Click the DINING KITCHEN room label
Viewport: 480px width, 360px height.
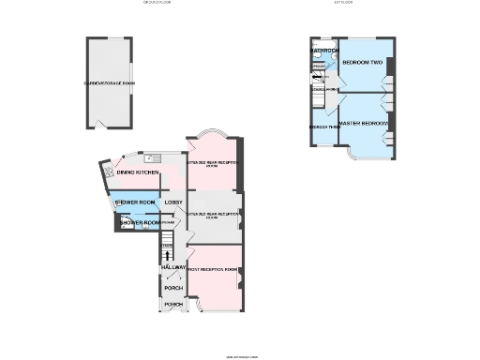(138, 172)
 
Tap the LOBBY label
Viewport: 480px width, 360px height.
(172, 202)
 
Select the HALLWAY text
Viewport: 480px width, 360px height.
(173, 268)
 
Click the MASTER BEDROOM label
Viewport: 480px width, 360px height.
(363, 123)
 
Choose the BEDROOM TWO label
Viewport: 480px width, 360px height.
(362, 62)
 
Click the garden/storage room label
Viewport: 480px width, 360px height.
(110, 83)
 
